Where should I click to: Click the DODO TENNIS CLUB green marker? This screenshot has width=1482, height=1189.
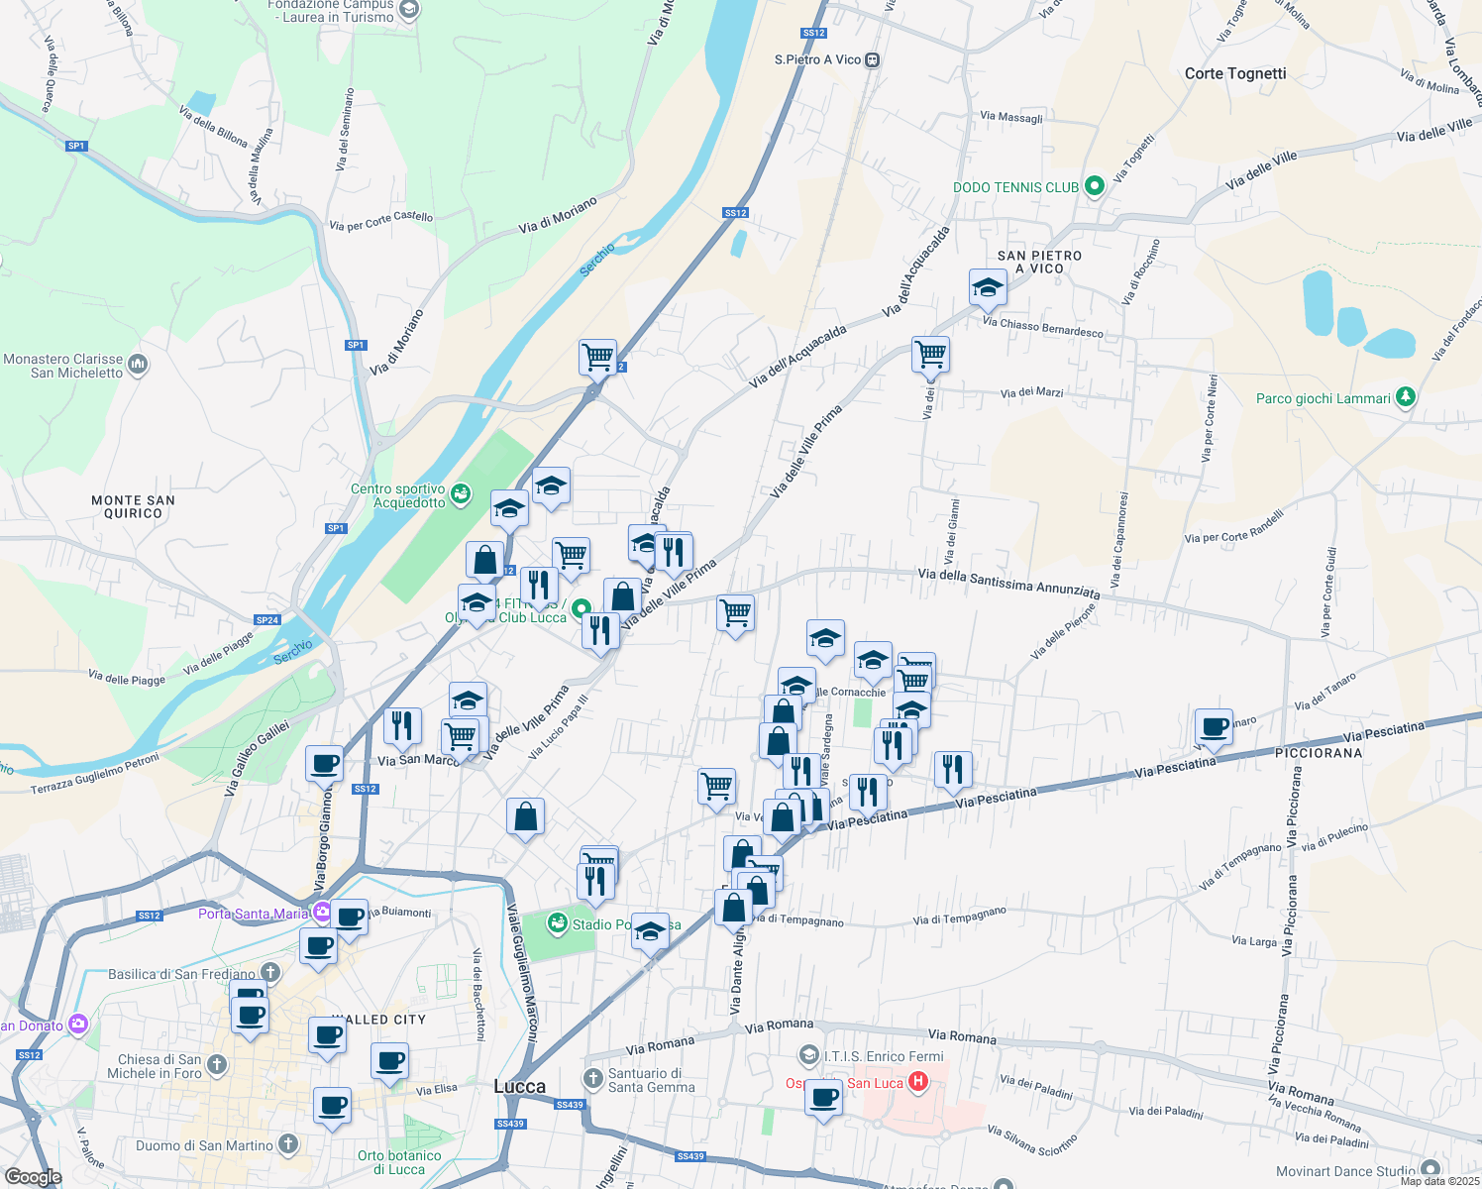pyautogui.click(x=1095, y=186)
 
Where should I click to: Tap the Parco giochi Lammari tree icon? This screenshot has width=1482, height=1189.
pyautogui.click(x=1405, y=397)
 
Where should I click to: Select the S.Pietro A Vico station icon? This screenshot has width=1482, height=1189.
pyautogui.click(x=872, y=59)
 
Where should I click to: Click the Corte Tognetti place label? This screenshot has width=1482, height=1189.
pyautogui.click(x=1235, y=73)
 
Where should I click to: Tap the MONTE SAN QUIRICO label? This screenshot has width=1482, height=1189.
pyautogui.click(x=133, y=506)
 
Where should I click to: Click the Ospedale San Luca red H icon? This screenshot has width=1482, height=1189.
pyautogui.click(x=917, y=1082)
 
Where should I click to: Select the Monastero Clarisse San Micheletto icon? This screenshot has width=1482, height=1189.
pyautogui.click(x=138, y=365)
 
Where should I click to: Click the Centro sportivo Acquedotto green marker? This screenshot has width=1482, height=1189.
pyautogui.click(x=461, y=494)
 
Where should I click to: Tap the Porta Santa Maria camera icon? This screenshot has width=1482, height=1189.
pyautogui.click(x=322, y=913)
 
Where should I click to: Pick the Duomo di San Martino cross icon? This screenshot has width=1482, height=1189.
pyautogui.click(x=288, y=1145)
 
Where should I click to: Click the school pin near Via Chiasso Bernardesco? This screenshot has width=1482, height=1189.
pyautogui.click(x=988, y=288)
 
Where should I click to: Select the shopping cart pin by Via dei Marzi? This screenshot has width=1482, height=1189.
pyautogui.click(x=930, y=354)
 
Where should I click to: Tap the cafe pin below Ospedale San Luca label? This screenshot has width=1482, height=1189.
pyautogui.click(x=823, y=1098)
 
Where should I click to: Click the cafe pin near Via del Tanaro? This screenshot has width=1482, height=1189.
pyautogui.click(x=1214, y=727)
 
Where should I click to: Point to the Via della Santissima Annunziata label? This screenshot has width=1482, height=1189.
pyautogui.click(x=1008, y=583)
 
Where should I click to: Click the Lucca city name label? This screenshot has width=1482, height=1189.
pyautogui.click(x=519, y=1086)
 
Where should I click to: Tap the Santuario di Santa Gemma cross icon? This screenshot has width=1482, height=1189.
pyautogui.click(x=592, y=1079)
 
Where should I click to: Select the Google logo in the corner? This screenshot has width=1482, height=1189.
pyautogui.click(x=33, y=1177)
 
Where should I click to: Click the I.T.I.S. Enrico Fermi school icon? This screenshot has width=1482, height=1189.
pyautogui.click(x=809, y=1055)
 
